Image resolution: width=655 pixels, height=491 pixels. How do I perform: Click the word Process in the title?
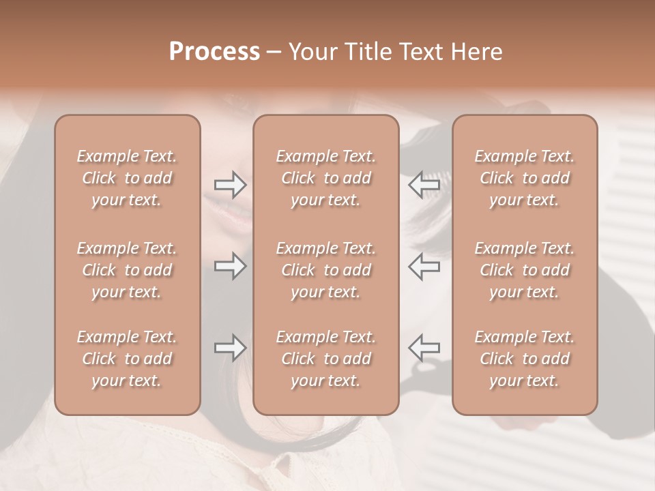pyautogui.click(x=214, y=52)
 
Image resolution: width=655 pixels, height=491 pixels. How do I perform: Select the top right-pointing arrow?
pyautogui.click(x=230, y=184)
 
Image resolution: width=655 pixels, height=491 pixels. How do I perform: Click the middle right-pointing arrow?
pyautogui.click(x=230, y=266)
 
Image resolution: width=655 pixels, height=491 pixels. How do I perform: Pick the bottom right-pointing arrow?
pyautogui.click(x=230, y=347)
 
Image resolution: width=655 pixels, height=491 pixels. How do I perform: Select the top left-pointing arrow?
pyautogui.click(x=424, y=184)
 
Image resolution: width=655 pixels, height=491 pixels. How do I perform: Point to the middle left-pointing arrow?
pyautogui.click(x=424, y=266)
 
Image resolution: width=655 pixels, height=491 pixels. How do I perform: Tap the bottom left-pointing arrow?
pyautogui.click(x=424, y=347)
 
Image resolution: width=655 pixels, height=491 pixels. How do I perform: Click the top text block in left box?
pyautogui.click(x=127, y=178)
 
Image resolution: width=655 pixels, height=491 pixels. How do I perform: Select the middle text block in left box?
pyautogui.click(x=127, y=270)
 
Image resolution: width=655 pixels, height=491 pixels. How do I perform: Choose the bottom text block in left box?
pyautogui.click(x=127, y=359)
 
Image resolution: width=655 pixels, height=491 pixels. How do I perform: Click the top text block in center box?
pyautogui.click(x=326, y=178)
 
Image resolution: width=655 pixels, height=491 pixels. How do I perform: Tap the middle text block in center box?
pyautogui.click(x=326, y=270)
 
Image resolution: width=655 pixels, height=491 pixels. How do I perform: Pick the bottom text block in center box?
pyautogui.click(x=326, y=359)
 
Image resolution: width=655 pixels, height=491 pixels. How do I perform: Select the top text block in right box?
pyautogui.click(x=525, y=178)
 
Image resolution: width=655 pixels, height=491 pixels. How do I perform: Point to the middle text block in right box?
pyautogui.click(x=525, y=270)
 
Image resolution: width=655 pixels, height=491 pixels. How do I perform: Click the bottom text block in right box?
pyautogui.click(x=525, y=359)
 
